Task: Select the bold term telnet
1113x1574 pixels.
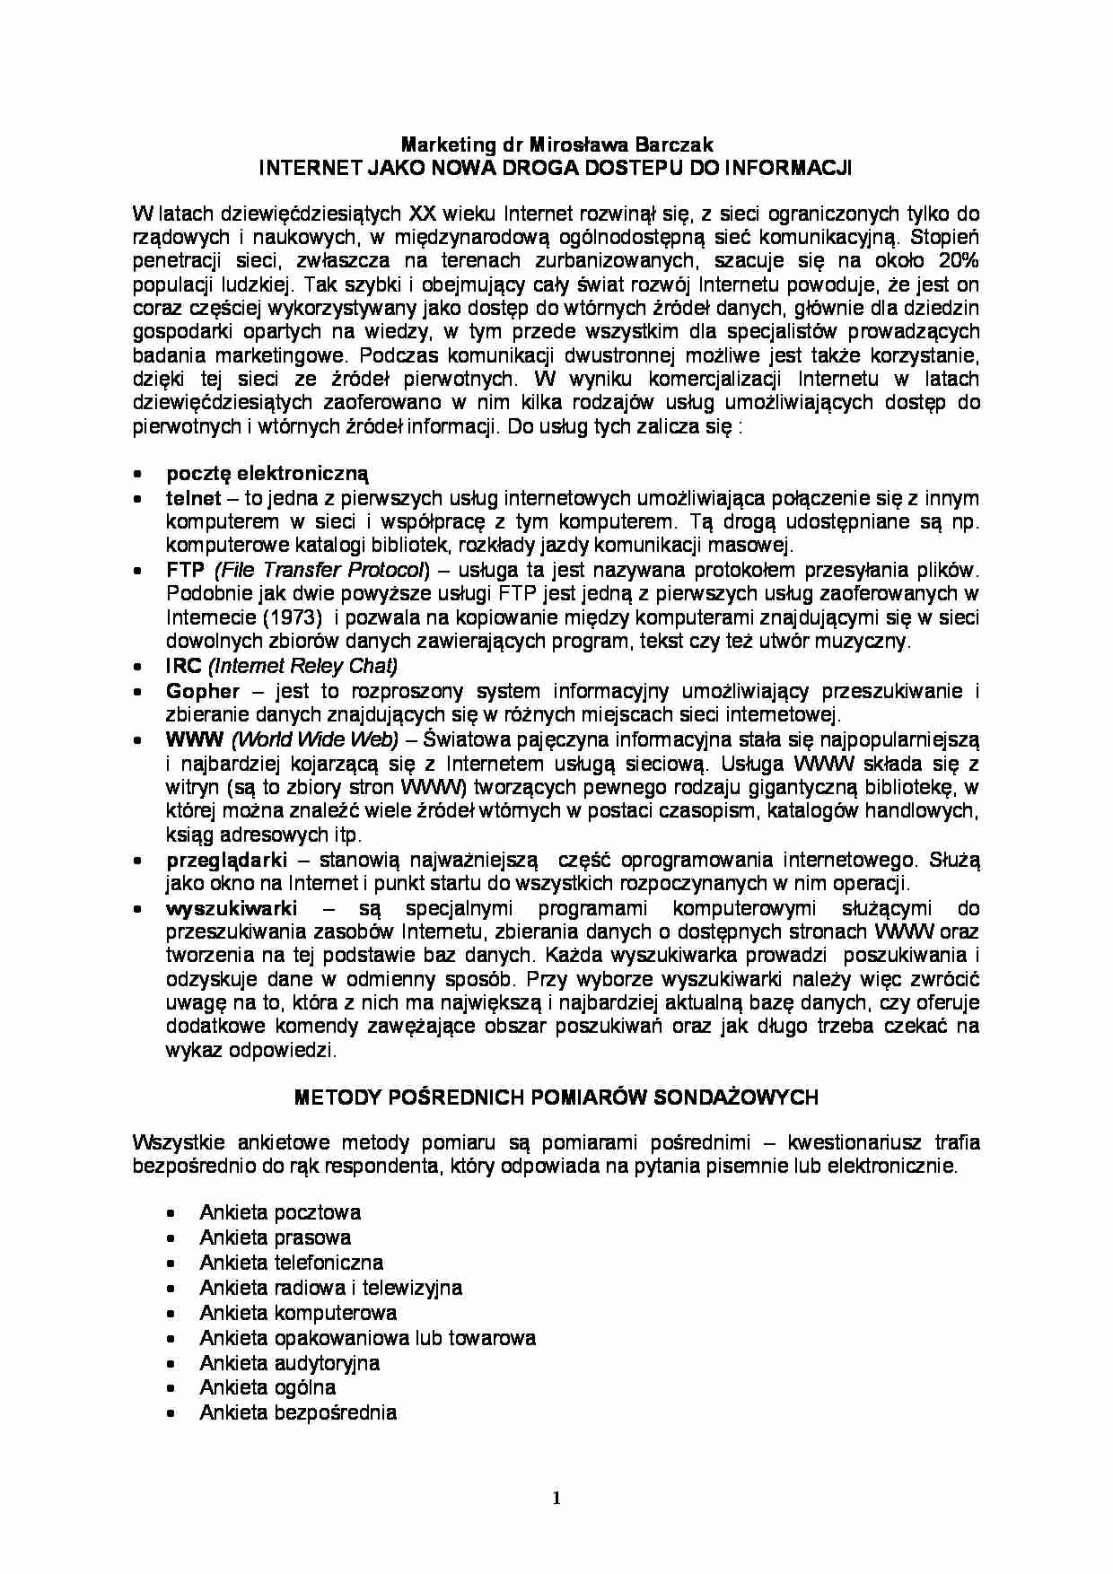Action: coord(193,498)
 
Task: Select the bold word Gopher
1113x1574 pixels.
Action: coord(203,691)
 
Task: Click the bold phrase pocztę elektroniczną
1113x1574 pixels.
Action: coord(267,474)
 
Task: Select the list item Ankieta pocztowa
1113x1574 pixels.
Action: coord(280,1212)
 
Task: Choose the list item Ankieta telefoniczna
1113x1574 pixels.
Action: coord(291,1263)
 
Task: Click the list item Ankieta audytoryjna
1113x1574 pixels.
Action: coord(289,1363)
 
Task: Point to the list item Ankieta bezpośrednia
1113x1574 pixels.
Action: coord(297,1412)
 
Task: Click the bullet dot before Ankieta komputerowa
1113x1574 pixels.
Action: coord(171,1314)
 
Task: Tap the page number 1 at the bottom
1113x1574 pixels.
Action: coord(556,1497)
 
